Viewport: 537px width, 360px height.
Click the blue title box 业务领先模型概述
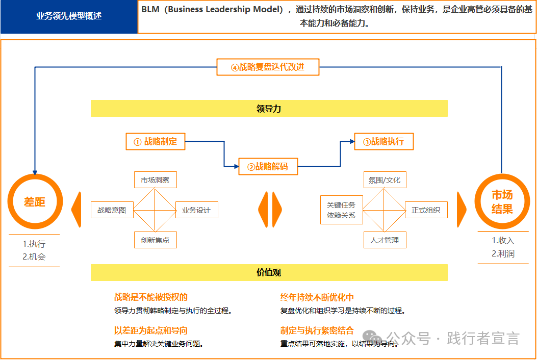[69, 16]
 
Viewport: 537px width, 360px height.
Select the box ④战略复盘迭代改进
[268, 67]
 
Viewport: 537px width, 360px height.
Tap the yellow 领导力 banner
[269, 109]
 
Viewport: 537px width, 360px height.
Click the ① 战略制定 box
[156, 142]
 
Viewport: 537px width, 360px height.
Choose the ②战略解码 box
[268, 166]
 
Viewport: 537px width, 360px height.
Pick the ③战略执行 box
[383, 142]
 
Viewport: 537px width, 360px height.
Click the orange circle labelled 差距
[35, 201]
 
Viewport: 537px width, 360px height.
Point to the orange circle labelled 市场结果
[502, 201]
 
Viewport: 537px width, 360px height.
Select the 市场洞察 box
[155, 180]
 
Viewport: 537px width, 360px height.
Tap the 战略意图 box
[112, 210]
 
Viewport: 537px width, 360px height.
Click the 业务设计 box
[196, 210]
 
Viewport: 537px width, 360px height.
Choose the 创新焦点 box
[155, 240]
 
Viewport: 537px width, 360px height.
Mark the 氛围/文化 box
[385, 180]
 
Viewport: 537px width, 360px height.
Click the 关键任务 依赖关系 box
[341, 210]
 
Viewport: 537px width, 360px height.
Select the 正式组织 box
[426, 210]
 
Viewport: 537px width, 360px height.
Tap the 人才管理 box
[385, 240]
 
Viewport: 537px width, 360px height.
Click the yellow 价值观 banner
[269, 273]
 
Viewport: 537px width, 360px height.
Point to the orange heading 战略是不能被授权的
[151, 297]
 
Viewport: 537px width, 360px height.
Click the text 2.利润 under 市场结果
[503, 253]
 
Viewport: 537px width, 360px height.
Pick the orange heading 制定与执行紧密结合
[317, 330]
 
